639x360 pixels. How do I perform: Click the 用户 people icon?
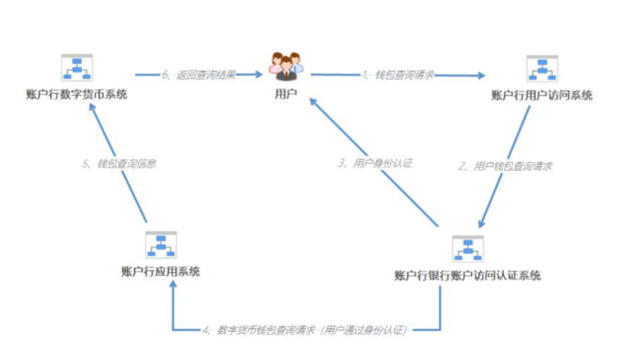287,66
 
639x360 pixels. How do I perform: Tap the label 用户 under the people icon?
286,94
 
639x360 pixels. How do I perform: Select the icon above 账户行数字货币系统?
77,67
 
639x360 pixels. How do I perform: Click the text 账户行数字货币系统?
77,94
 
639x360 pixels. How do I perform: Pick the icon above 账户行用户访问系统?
542,68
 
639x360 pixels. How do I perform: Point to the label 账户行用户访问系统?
542,95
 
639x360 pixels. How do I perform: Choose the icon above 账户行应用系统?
161,245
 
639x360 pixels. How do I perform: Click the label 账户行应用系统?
160,271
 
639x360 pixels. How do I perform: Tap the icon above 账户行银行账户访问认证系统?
467,248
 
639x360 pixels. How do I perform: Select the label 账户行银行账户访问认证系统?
467,276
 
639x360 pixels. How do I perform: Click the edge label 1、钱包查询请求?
398,75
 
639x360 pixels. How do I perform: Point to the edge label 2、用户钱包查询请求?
505,166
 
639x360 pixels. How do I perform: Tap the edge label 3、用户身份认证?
375,163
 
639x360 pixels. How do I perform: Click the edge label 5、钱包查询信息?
119,164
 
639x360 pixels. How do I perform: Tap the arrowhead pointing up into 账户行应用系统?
173,283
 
